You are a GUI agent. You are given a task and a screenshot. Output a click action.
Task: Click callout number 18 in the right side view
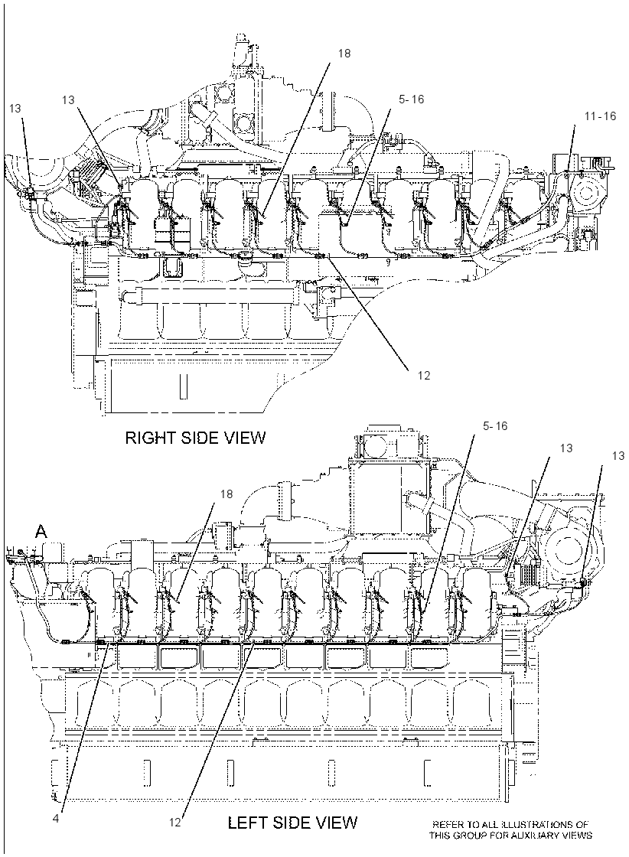[x=344, y=54]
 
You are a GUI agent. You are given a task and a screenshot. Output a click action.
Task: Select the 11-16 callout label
[x=600, y=116]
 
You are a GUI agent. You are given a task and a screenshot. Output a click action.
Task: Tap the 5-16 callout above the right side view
[x=412, y=99]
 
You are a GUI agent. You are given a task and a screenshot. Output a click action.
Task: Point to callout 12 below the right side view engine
[x=424, y=376]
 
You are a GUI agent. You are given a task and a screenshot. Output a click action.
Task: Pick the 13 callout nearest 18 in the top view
[x=68, y=100]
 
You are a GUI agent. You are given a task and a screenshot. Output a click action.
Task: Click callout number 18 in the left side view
[x=227, y=494]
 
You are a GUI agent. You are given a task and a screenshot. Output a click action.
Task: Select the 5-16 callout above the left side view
[x=495, y=425]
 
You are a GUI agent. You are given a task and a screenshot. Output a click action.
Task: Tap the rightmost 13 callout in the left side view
[x=618, y=456]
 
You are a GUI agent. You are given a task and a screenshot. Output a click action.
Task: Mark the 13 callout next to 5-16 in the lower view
[x=566, y=448]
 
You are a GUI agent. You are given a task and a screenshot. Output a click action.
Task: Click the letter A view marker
[x=41, y=531]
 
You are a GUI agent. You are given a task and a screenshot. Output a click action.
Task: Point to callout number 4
[x=56, y=818]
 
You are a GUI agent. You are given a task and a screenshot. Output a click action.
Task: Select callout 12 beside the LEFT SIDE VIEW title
[x=175, y=822]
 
